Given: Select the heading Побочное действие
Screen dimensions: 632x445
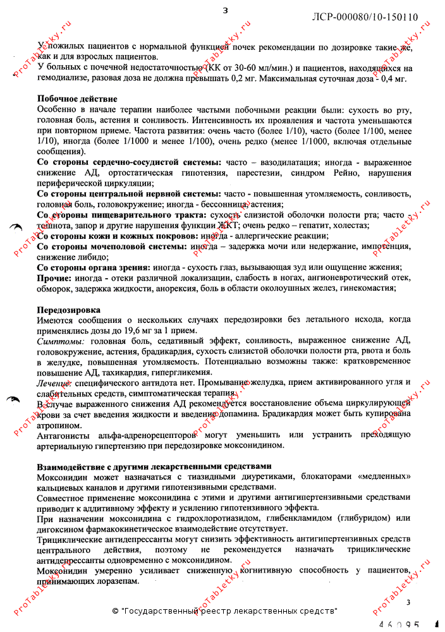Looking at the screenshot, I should (77, 99).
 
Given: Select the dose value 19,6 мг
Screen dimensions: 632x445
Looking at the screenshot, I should (139, 331).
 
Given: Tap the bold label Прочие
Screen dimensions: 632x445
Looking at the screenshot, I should (54, 278).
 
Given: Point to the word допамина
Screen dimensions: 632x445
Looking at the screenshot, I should (234, 414).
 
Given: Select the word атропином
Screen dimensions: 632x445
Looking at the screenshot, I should (58, 425).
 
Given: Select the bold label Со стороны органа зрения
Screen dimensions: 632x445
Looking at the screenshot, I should (94, 267).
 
